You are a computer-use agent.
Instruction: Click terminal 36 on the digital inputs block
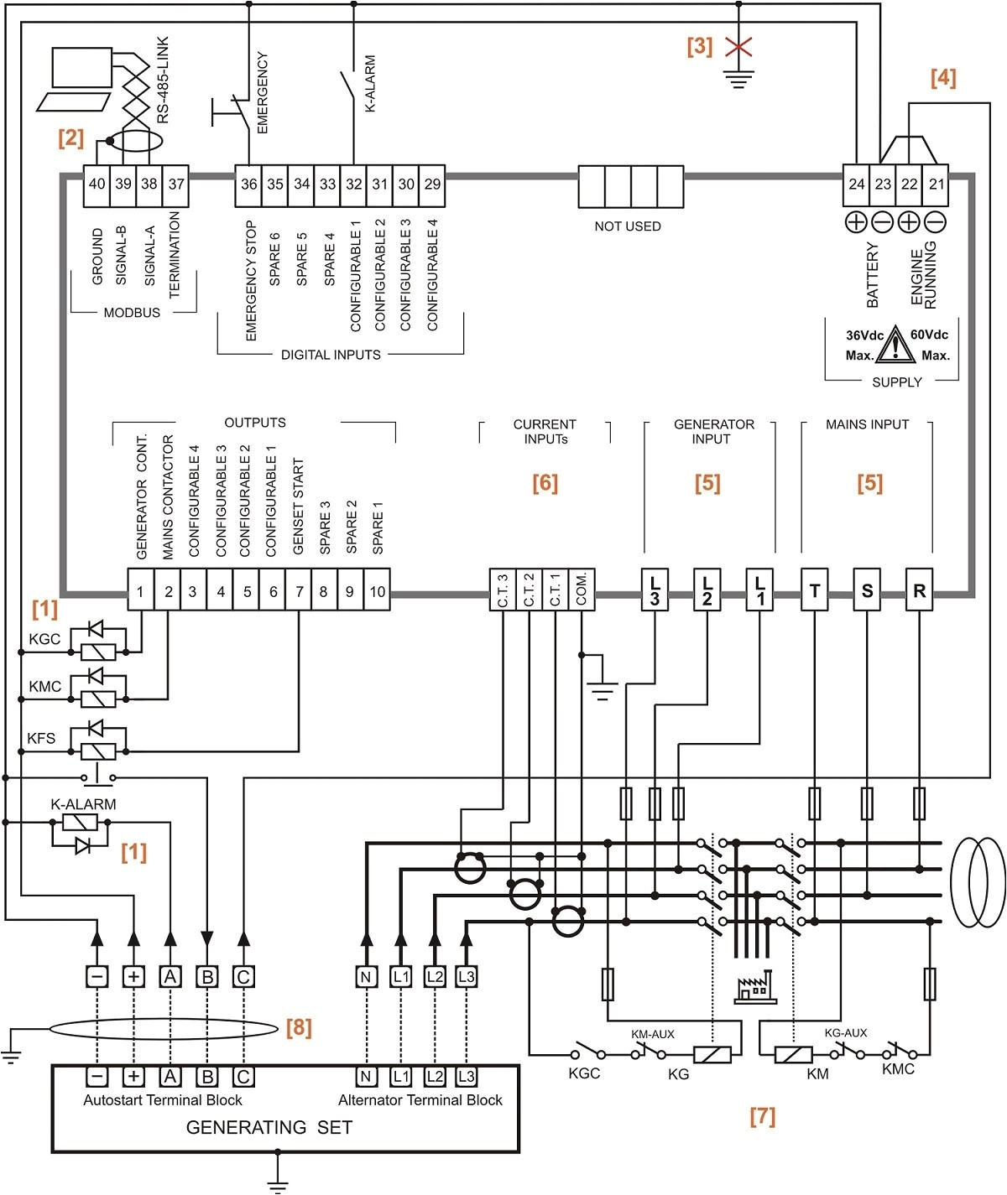click(248, 184)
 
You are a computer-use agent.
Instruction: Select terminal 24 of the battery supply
click(856, 184)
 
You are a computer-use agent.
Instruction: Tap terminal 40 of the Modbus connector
click(97, 184)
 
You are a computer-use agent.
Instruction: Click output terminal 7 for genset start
click(299, 591)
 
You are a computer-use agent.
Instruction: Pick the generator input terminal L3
click(655, 590)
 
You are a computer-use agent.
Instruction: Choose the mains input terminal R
click(919, 590)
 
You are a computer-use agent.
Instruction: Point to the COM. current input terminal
click(581, 590)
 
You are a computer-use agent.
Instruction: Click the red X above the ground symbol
click(738, 47)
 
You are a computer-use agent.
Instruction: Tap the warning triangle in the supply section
click(896, 345)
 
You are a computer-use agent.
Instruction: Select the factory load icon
click(753, 990)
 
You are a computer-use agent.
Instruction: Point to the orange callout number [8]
click(299, 1027)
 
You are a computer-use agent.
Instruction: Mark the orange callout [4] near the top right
click(942, 78)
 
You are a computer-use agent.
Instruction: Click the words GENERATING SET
click(269, 1128)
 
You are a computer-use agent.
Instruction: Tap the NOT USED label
click(627, 226)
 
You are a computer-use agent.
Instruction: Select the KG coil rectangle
click(712, 1054)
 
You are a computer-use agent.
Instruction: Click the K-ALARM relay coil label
click(83, 804)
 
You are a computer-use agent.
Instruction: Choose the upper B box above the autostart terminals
click(207, 977)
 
